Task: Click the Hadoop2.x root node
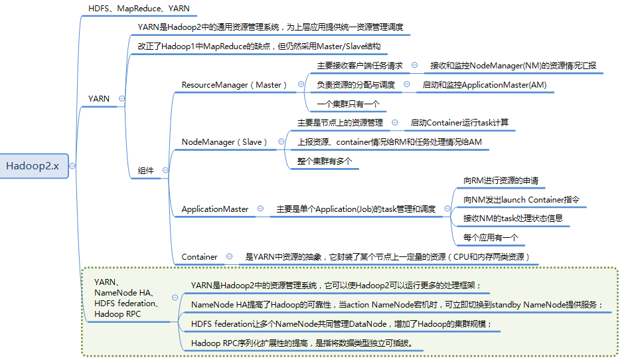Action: tap(33, 166)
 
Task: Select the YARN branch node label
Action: tap(99, 98)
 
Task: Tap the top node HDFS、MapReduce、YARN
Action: tap(139, 9)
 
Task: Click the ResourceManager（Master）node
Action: tap(235, 84)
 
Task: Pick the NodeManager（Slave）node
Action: tap(224, 141)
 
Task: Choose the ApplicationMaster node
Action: tap(215, 209)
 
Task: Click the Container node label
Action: tap(199, 256)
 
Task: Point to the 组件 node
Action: tap(145, 170)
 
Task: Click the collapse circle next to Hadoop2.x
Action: tap(72, 166)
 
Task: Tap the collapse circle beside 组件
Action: tap(165, 170)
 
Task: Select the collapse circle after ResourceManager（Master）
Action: tap(301, 84)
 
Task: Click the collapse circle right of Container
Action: tap(229, 256)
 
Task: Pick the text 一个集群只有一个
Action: tap(348, 104)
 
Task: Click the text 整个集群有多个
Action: tap(324, 161)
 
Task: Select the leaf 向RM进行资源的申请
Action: tap(501, 180)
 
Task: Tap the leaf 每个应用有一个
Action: tap(491, 237)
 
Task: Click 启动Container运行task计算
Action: tap(459, 122)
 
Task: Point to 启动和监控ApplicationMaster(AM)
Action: tap(484, 84)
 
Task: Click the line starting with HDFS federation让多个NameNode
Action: tap(341, 323)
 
